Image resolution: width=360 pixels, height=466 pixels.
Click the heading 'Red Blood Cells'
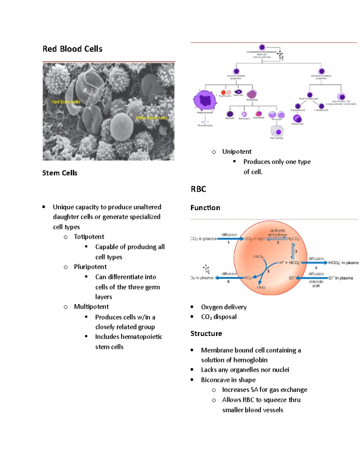point(72,49)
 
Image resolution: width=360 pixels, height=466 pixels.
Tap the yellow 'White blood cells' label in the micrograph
point(151,118)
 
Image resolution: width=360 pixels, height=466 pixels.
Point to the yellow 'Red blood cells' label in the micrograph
point(66,102)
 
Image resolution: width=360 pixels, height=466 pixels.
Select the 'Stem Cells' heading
point(60,173)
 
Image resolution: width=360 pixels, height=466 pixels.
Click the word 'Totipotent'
point(89,237)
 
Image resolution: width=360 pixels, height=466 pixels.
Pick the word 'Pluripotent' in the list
point(90,267)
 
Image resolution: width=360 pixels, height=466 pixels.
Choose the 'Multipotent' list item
point(91,307)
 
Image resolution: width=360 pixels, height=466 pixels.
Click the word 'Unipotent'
point(237,152)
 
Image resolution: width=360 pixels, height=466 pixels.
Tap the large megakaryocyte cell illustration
point(205,101)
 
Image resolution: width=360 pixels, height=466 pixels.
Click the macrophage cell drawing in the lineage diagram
point(277,131)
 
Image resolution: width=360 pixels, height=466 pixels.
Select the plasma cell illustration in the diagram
point(297,118)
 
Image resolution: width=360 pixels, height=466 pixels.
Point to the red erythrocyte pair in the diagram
point(226,92)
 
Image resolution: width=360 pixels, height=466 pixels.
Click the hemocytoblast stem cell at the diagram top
point(262,47)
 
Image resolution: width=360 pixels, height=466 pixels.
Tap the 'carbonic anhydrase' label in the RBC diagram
point(277,233)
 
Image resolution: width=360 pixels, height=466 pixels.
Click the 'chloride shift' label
point(316,284)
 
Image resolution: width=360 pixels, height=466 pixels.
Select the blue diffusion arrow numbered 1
point(230,239)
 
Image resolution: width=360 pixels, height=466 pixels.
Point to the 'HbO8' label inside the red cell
point(258,257)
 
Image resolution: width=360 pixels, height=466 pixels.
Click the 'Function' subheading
point(205,208)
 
